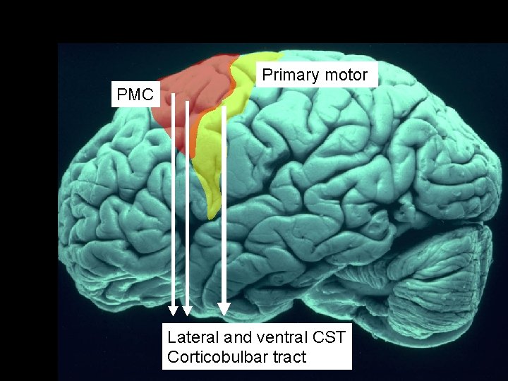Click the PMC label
point(135,95)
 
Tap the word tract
point(289,357)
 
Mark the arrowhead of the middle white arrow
point(188,310)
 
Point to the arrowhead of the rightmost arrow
point(224,308)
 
